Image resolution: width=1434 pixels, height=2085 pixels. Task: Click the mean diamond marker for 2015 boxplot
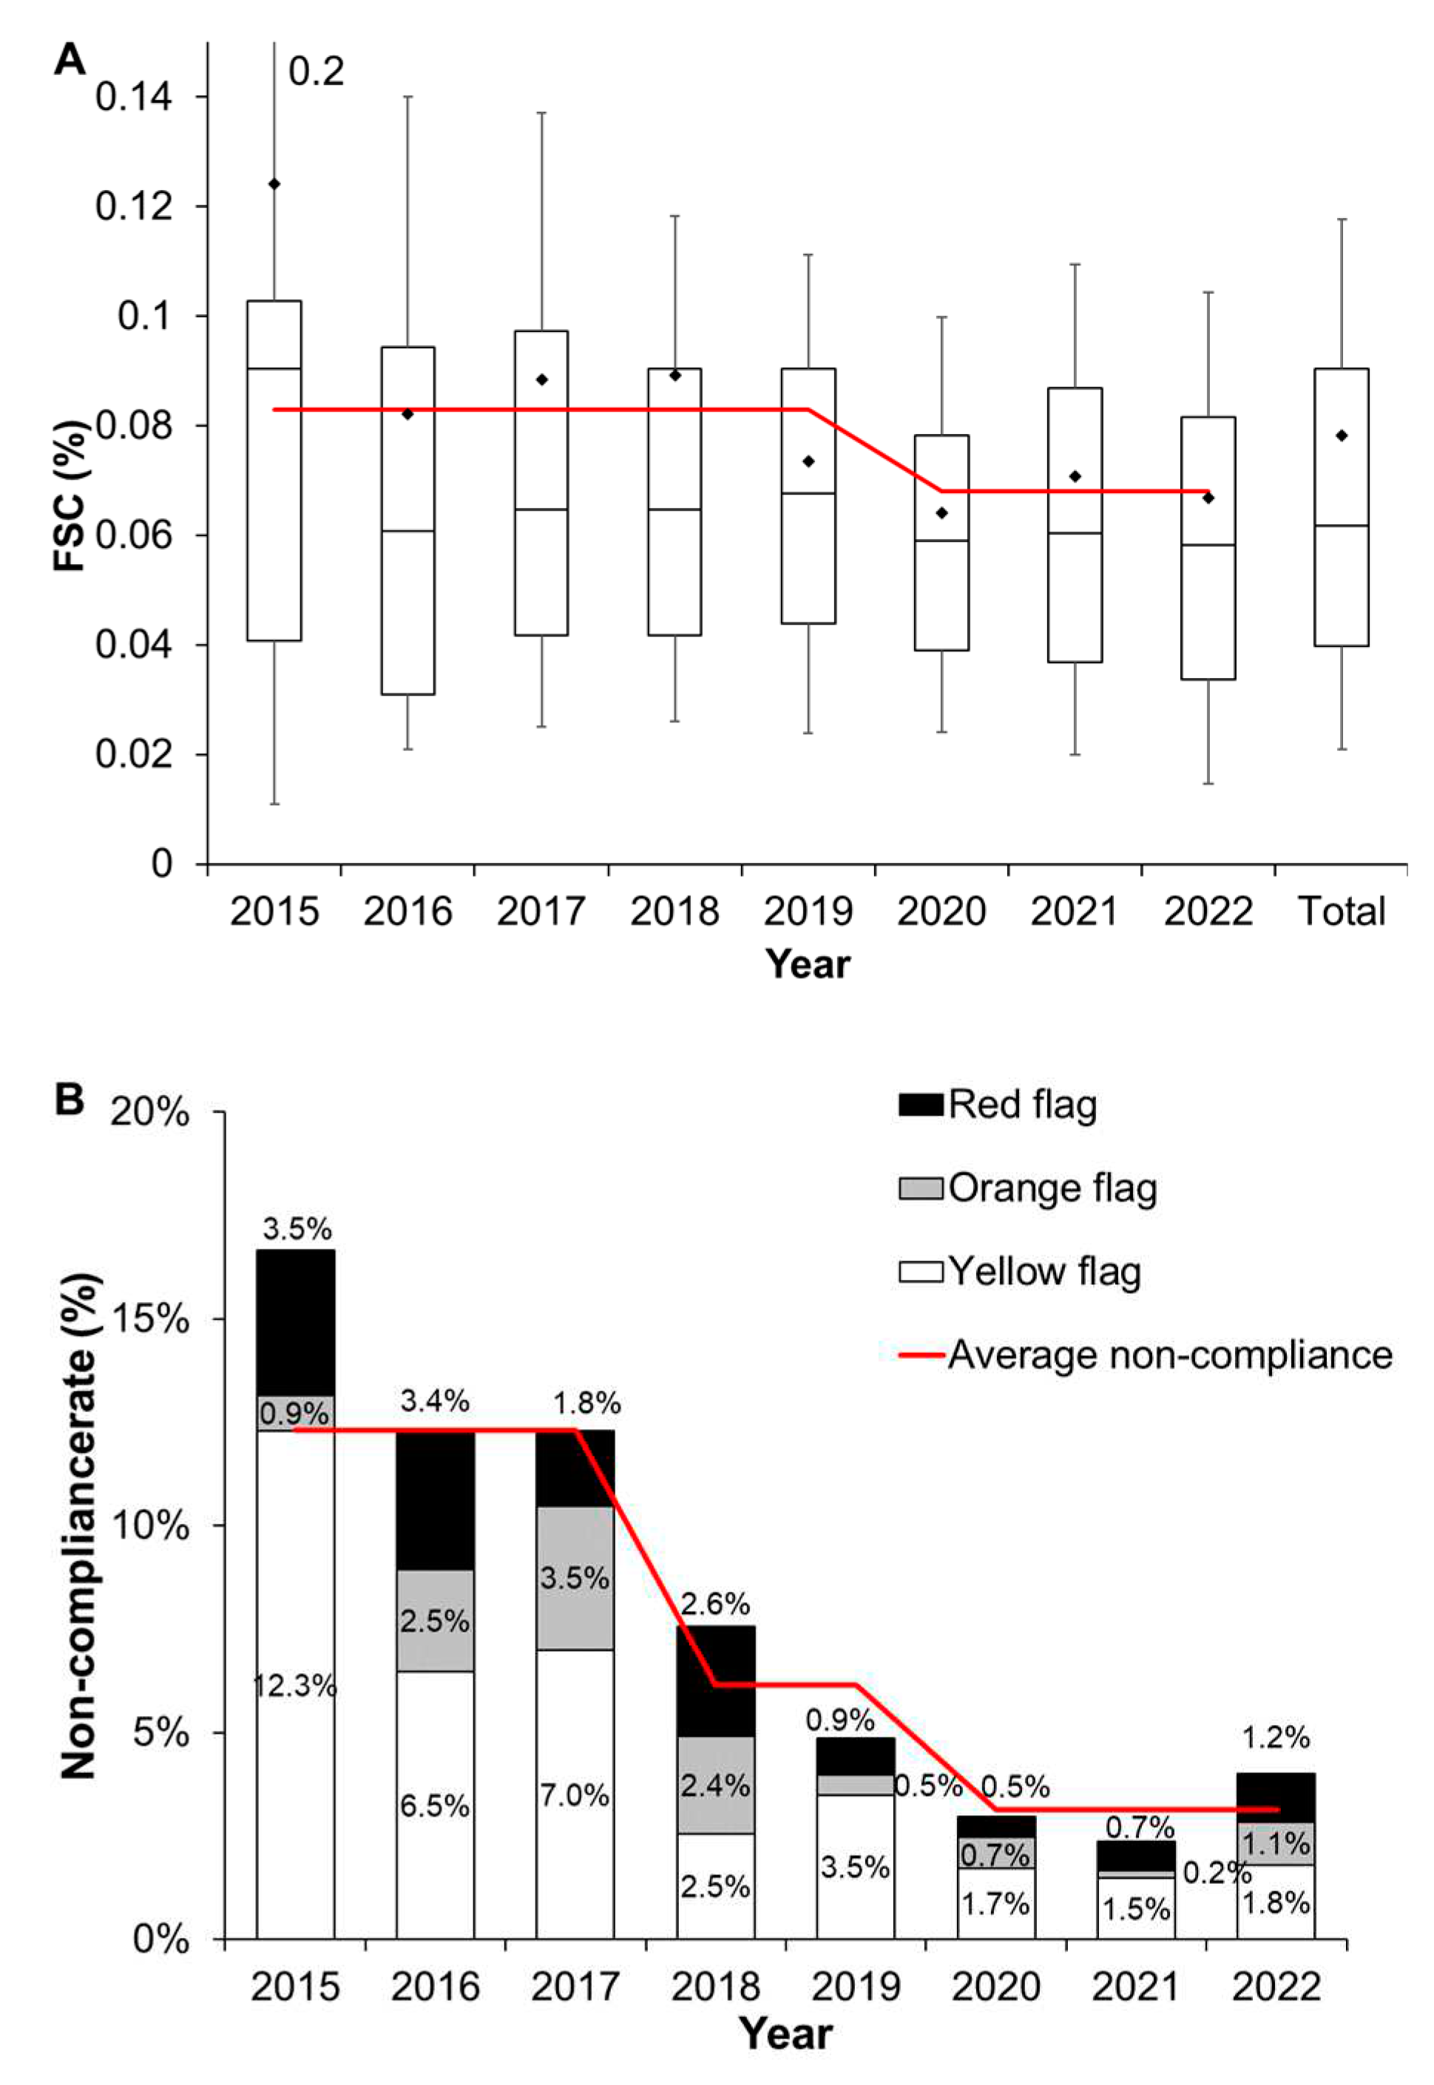[274, 184]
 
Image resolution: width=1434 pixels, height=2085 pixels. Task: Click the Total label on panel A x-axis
[1342, 912]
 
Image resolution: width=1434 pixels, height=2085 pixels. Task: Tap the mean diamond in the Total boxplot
[1342, 435]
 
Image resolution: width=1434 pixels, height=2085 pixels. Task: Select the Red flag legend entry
[998, 1104]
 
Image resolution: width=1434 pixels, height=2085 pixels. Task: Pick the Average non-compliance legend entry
[1146, 1355]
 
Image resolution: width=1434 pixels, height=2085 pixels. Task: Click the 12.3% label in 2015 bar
[294, 1686]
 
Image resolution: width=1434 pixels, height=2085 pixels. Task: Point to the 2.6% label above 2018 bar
[715, 1604]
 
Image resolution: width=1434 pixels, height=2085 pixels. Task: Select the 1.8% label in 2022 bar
[1276, 1902]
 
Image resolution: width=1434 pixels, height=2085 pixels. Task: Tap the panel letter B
[70, 1099]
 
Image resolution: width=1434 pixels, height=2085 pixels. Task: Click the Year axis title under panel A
[807, 964]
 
